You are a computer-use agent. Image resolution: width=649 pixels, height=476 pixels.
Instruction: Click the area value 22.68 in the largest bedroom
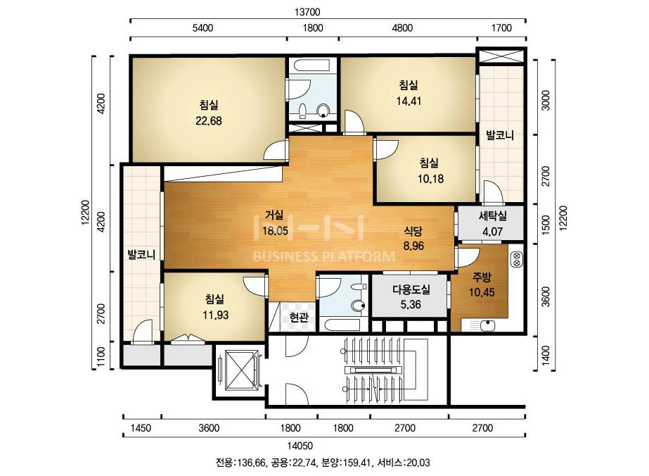tap(209, 120)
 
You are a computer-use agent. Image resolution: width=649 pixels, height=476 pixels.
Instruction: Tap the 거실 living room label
tap(274, 215)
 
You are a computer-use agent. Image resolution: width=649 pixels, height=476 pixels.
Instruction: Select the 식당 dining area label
tap(413, 230)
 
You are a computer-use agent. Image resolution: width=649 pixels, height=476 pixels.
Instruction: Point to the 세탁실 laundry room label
tap(492, 215)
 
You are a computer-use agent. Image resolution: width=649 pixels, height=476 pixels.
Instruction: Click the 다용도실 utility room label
tap(411, 289)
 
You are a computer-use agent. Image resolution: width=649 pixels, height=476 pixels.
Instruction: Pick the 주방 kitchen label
tap(482, 277)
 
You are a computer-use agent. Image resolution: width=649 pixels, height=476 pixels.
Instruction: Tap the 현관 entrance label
tap(299, 318)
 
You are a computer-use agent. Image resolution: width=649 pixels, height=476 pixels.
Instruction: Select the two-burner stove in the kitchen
tap(517, 259)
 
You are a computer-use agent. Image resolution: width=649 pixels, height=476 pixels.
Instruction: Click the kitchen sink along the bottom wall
tap(484, 325)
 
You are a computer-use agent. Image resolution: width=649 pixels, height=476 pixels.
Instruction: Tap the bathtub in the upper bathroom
tap(312, 65)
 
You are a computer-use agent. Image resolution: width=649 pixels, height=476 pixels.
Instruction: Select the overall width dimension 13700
tap(307, 12)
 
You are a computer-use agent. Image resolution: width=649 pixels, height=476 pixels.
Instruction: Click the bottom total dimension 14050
tap(300, 446)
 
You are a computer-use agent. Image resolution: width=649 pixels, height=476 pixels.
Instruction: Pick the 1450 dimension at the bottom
tap(141, 427)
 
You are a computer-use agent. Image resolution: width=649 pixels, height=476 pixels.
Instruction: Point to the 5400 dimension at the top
tap(203, 27)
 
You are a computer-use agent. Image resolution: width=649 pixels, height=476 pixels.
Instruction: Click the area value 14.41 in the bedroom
tap(409, 101)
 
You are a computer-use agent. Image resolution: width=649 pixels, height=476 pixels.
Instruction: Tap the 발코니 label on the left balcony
tap(141, 254)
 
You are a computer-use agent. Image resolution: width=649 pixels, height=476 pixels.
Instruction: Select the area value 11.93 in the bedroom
tap(215, 315)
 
